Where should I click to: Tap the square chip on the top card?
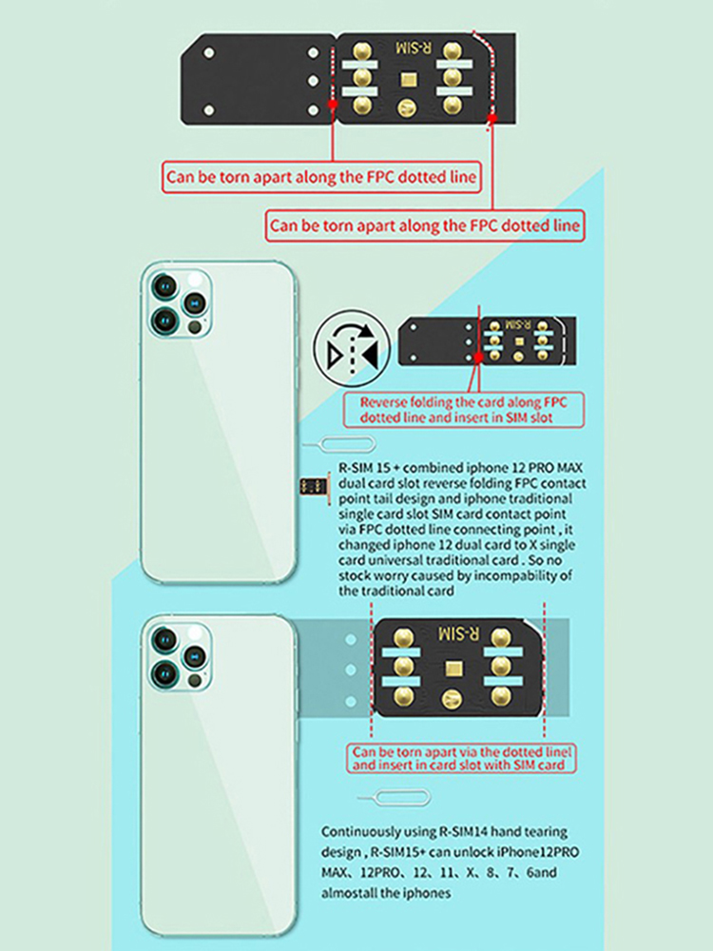[408, 80]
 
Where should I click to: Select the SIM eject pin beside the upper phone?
[339, 446]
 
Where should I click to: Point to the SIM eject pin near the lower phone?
[395, 798]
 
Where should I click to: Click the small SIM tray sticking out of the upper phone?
[314, 486]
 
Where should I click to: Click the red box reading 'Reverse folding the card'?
[464, 410]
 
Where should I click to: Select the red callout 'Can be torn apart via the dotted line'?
[461, 758]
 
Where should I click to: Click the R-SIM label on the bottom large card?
[459, 634]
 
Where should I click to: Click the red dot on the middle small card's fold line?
[478, 358]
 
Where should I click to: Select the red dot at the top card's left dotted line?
[333, 105]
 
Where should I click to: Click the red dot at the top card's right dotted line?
[492, 118]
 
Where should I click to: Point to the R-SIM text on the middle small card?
[518, 325]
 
